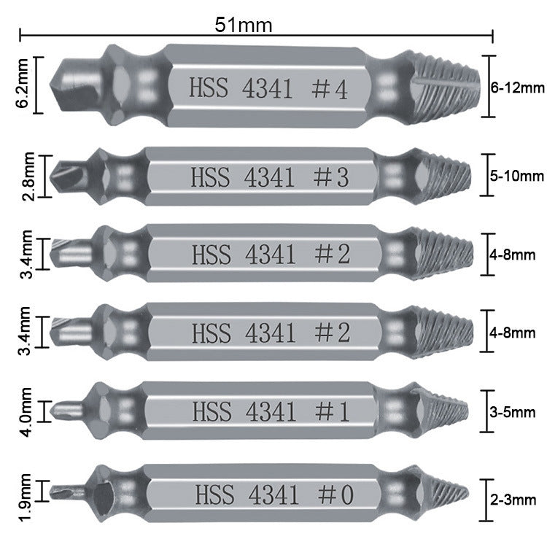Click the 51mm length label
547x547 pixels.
[x=244, y=25]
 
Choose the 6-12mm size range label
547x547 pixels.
[x=518, y=88]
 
